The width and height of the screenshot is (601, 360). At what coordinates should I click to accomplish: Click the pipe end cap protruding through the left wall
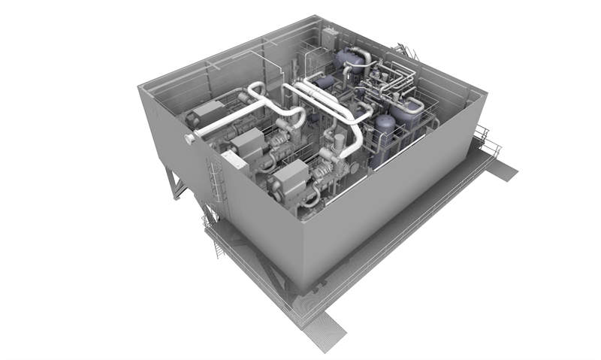(191, 139)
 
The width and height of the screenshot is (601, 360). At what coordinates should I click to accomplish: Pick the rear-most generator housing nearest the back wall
(207, 113)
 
